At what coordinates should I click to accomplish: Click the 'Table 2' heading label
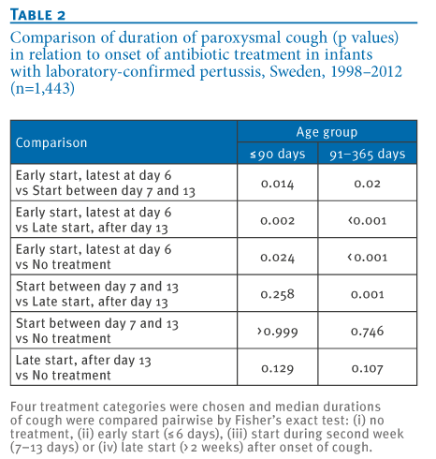coord(37,15)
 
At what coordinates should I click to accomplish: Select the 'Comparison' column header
coord(51,142)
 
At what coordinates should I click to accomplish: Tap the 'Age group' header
coord(327,132)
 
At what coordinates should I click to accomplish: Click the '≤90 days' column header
coord(278,154)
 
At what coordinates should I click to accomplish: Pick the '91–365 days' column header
coord(368,154)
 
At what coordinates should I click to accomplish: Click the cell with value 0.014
coord(278,184)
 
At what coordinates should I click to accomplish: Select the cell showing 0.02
coord(368,184)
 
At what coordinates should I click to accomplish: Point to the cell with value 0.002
coord(278,221)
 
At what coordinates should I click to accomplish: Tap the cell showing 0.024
coord(278,258)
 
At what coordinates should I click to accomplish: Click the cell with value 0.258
coord(278,294)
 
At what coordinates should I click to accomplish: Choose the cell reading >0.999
coord(278,332)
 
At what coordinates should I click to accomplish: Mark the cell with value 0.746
coord(368,332)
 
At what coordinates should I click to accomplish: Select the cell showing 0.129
coord(278,368)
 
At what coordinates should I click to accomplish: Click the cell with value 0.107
coord(368,368)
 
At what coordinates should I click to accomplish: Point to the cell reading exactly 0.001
coord(368,294)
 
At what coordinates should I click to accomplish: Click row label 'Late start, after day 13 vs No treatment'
coord(83,367)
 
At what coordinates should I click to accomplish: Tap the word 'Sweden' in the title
coord(298,71)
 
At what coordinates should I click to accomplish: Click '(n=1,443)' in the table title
coord(43,88)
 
